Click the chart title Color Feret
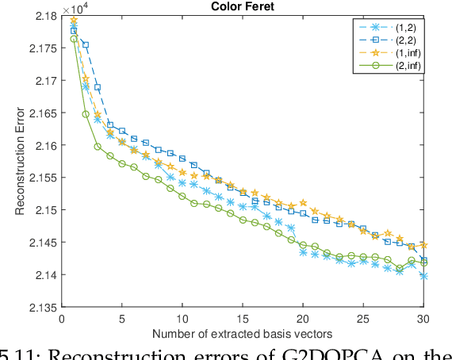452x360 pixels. click(x=243, y=7)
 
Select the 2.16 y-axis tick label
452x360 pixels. click(x=44, y=146)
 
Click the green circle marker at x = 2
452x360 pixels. click(x=86, y=114)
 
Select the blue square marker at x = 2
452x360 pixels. click(x=86, y=45)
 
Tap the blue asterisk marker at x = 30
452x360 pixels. click(x=423, y=276)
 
